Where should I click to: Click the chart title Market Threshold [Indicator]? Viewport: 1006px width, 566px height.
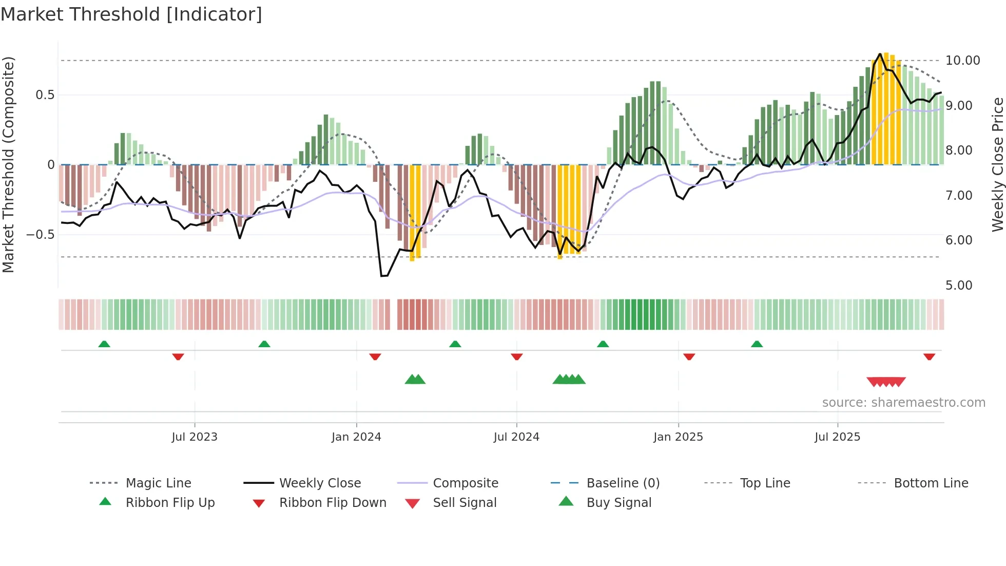(x=131, y=14)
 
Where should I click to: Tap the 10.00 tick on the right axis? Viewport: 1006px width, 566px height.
(x=962, y=61)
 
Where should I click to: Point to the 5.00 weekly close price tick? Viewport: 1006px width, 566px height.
(x=959, y=286)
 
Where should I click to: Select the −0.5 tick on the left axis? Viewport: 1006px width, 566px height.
(x=41, y=235)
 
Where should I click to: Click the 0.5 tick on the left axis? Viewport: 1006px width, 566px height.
(x=45, y=95)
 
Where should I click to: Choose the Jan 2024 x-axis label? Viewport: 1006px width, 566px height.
(x=356, y=437)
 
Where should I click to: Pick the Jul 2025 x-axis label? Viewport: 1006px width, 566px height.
(x=837, y=437)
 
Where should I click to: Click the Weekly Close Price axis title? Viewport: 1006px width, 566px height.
(x=997, y=164)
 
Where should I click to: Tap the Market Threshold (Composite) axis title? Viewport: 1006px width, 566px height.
(x=8, y=164)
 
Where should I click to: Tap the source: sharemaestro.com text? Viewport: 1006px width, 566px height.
(x=903, y=403)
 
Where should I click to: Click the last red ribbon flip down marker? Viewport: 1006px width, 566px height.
(x=929, y=356)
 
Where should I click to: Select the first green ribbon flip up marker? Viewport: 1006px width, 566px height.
(x=104, y=344)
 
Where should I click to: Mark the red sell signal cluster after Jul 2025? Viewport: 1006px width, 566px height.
(x=886, y=382)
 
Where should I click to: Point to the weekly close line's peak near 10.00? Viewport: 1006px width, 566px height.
(x=880, y=53)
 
